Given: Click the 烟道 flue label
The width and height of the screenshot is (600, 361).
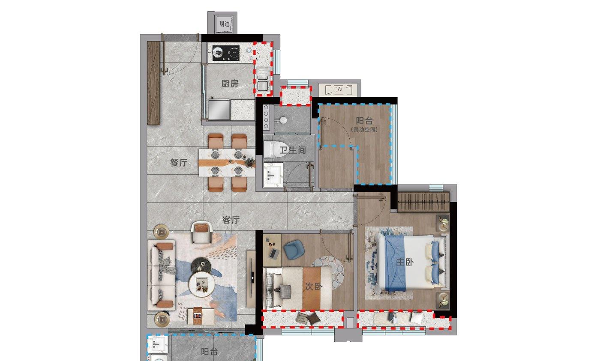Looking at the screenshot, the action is pyautogui.click(x=225, y=24).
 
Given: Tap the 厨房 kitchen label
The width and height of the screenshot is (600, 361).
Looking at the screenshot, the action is pyautogui.click(x=230, y=84).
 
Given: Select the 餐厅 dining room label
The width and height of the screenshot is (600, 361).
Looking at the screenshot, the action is pyautogui.click(x=179, y=162).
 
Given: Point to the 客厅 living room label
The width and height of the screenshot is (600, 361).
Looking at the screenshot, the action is pyautogui.click(x=231, y=220).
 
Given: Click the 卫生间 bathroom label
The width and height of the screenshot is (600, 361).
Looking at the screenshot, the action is pyautogui.click(x=293, y=150).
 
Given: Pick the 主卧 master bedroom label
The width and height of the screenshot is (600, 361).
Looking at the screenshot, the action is pyautogui.click(x=405, y=262).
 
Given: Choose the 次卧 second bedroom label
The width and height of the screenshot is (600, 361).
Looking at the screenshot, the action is pyautogui.click(x=314, y=286).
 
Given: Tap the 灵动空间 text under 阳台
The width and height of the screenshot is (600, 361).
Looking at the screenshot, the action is pyautogui.click(x=364, y=130).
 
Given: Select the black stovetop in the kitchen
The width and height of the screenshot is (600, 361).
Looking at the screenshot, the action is pyautogui.click(x=226, y=53).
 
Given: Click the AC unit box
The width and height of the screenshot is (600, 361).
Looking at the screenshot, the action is pyautogui.click(x=339, y=90).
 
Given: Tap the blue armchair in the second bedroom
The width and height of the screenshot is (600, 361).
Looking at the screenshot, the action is pyautogui.click(x=294, y=250).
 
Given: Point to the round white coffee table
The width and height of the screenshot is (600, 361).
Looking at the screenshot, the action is pyautogui.click(x=202, y=284).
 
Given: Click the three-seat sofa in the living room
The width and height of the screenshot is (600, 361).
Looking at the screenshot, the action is pyautogui.click(x=162, y=275).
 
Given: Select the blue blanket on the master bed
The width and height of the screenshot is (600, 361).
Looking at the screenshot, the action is pyautogui.click(x=395, y=263).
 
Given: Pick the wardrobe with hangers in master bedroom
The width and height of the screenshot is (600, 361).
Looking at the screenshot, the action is pyautogui.click(x=423, y=202).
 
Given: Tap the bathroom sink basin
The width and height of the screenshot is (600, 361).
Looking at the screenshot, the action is pyautogui.click(x=273, y=174).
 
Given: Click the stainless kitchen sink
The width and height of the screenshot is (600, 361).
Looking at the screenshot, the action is pyautogui.click(x=219, y=110).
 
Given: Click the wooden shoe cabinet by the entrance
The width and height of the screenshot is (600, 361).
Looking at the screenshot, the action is pyautogui.click(x=153, y=83).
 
